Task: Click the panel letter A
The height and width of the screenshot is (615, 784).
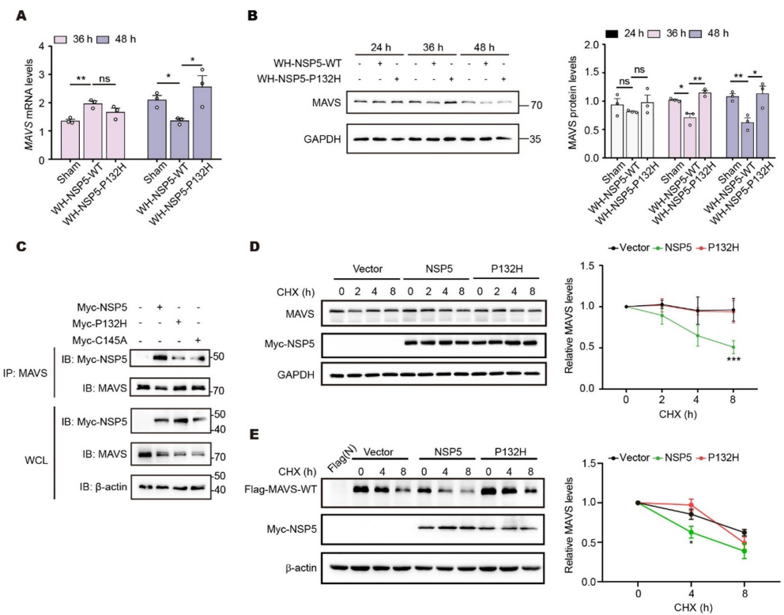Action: tap(21, 15)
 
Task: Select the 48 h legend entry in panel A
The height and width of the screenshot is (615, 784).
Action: tap(116, 39)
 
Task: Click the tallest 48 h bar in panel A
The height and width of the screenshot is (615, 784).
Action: tap(202, 123)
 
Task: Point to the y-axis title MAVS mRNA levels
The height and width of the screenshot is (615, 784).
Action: tap(29, 103)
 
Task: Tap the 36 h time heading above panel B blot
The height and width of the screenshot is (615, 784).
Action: tap(432, 47)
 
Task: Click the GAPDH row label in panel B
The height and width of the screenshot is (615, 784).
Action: tap(322, 139)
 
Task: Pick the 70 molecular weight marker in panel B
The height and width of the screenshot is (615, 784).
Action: tap(536, 105)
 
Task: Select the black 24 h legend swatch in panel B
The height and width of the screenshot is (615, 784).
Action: tap(612, 33)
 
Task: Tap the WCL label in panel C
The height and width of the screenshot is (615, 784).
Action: tap(36, 460)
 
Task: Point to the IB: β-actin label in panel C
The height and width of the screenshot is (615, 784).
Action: tap(103, 487)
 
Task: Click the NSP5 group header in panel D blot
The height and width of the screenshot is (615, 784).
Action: tap(439, 269)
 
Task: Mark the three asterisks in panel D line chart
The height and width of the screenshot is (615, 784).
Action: tap(733, 360)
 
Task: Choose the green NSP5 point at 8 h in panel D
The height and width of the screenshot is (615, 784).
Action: tap(733, 347)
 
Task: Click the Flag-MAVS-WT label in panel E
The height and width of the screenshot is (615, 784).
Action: tap(281, 489)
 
